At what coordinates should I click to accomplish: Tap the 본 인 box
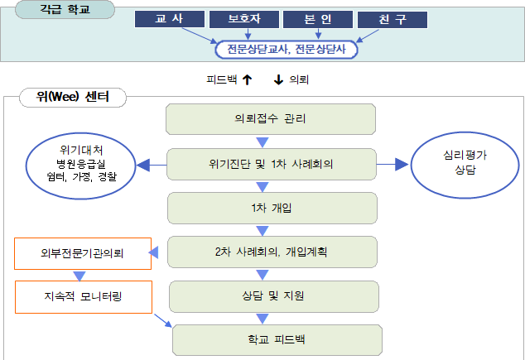(x=317, y=19)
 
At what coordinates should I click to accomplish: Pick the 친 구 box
(x=392, y=19)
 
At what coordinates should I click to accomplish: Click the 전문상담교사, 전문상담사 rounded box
(x=286, y=50)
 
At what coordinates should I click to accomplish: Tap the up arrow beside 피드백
(x=247, y=80)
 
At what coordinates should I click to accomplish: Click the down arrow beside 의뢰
(x=278, y=80)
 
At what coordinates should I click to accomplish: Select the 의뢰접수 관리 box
(x=271, y=119)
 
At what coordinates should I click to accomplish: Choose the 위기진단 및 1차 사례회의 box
(x=271, y=164)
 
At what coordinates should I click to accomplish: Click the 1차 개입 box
(x=271, y=208)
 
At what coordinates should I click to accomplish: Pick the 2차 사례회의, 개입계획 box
(x=271, y=252)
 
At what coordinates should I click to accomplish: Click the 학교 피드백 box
(x=277, y=339)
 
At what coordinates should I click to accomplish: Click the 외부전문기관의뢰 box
(x=83, y=253)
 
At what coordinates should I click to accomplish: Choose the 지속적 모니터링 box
(x=83, y=296)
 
